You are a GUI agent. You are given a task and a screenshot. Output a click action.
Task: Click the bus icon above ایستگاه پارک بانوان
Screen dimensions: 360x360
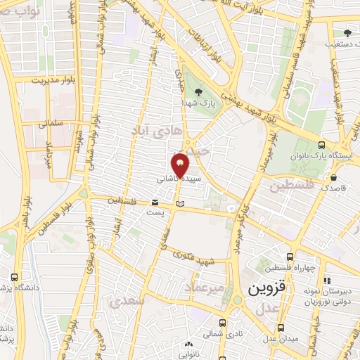click(321, 141)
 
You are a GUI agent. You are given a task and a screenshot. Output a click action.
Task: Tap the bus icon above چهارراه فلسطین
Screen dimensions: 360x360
click(290, 257)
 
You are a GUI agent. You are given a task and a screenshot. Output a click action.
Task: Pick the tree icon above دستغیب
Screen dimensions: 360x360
click(346, 32)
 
